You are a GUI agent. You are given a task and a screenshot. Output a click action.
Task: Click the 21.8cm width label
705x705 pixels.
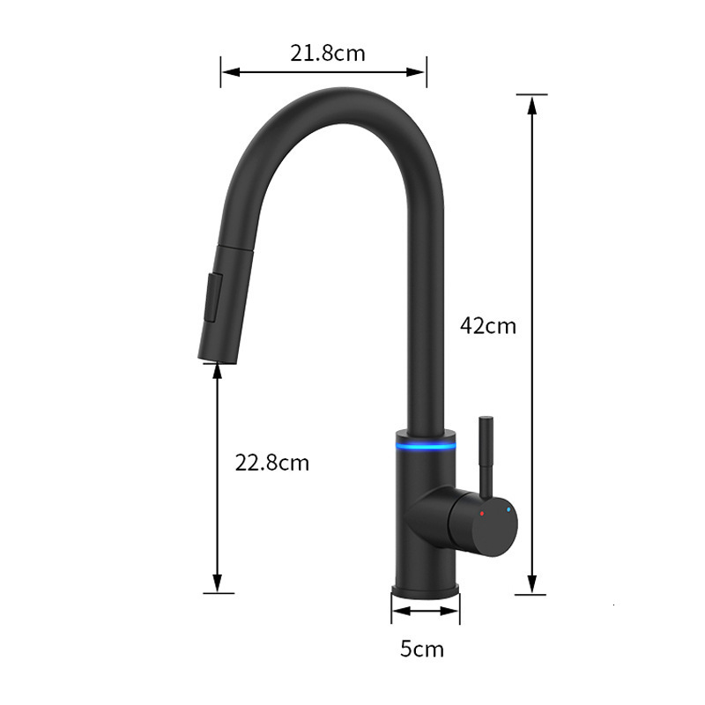point(328,53)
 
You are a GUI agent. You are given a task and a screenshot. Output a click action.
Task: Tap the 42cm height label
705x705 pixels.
point(487,325)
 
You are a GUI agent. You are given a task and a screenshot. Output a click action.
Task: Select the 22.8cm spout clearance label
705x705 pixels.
point(271,462)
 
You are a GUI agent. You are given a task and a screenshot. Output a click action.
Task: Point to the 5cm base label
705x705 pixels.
point(422,649)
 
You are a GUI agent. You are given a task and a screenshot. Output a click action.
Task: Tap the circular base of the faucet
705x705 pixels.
point(426,585)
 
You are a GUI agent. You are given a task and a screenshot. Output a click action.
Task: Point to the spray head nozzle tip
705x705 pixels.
point(209,353)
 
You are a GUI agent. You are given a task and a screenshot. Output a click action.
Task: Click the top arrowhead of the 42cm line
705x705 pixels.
point(531,101)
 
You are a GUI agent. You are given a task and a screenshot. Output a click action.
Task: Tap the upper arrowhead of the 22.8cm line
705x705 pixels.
point(218,372)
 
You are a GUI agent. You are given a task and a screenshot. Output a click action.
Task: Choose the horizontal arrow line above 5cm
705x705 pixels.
point(426,611)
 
